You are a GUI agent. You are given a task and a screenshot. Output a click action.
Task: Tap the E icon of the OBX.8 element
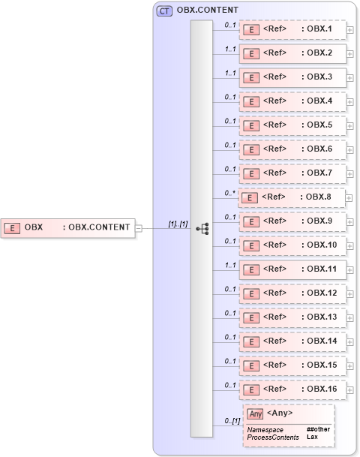tap(249, 197)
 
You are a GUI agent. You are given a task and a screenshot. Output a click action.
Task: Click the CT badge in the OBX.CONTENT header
tap(164, 11)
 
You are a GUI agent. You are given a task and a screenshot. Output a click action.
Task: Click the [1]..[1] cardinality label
tap(178, 224)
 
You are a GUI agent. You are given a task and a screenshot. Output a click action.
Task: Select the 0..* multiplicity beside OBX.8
tap(231, 193)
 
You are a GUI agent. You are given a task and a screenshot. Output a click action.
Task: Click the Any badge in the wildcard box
tap(255, 413)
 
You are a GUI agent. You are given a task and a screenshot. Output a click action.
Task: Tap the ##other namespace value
tap(318, 429)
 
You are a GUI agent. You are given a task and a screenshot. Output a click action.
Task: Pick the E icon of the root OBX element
tap(12, 227)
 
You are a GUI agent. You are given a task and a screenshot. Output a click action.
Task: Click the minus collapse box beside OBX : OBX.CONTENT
tap(138, 227)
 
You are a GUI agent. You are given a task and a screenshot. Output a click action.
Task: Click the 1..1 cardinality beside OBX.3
tap(231, 74)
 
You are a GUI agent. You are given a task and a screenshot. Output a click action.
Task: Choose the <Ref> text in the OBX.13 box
tap(274, 317)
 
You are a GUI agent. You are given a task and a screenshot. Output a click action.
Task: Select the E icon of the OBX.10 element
tap(253, 245)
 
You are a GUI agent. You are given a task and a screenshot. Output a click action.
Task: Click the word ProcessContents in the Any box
tap(273, 437)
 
